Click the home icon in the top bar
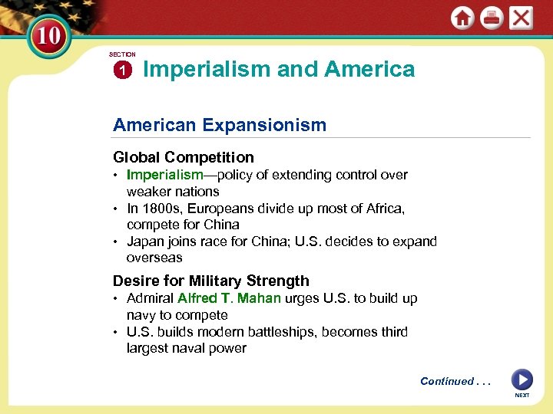click(x=462, y=18)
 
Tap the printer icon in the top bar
click(x=492, y=18)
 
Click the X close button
click(x=522, y=18)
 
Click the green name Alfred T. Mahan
click(x=229, y=298)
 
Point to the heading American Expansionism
click(x=220, y=124)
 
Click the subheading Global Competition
click(x=183, y=157)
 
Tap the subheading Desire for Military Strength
click(x=211, y=281)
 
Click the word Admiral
click(x=150, y=298)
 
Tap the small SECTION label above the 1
click(x=122, y=54)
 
